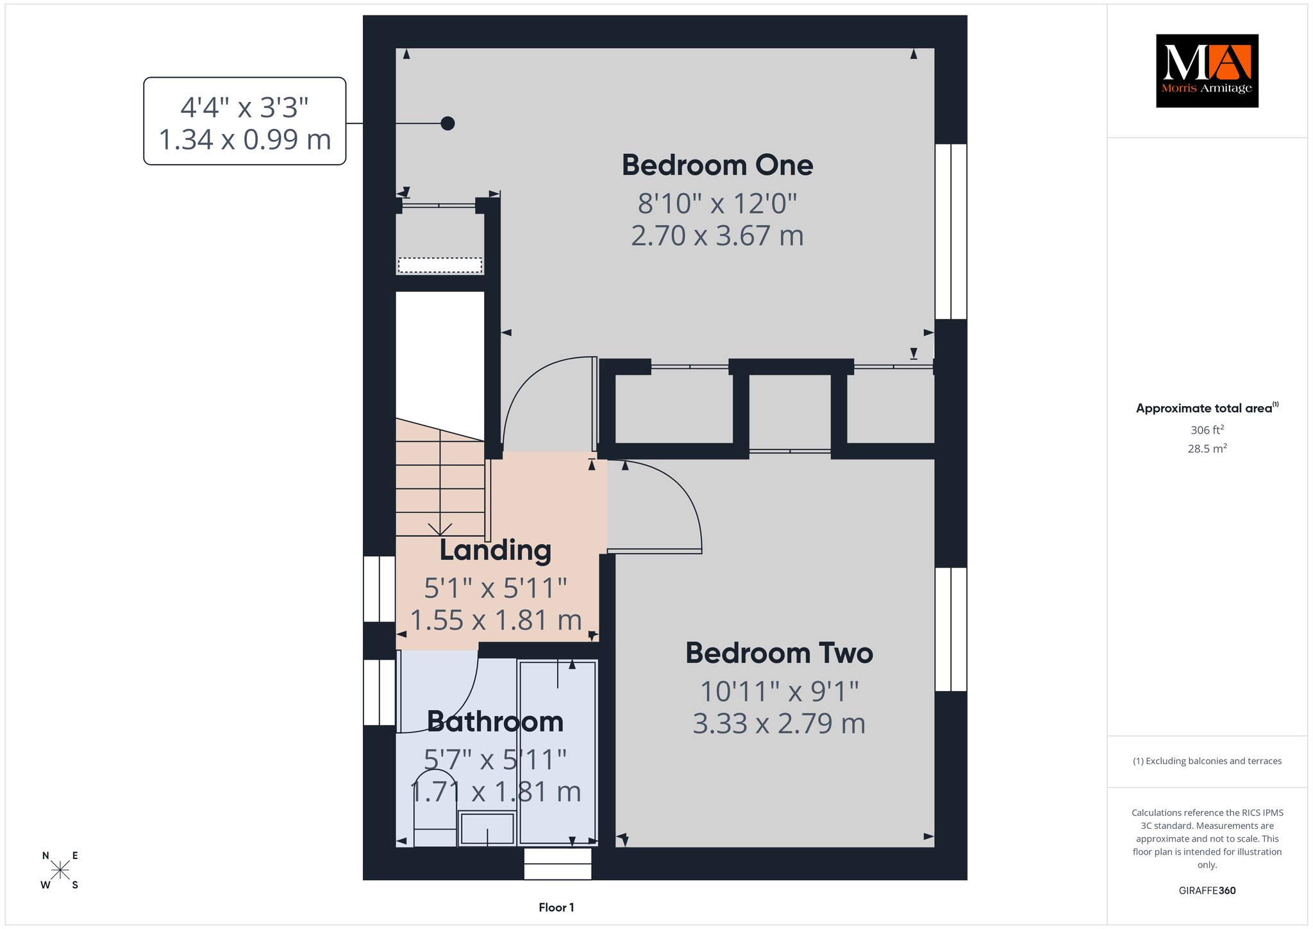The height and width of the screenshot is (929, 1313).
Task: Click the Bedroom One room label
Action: click(717, 165)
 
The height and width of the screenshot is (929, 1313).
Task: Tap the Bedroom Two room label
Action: click(779, 653)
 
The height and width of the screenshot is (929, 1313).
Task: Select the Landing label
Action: click(495, 550)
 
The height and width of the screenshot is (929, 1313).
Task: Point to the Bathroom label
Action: click(495, 722)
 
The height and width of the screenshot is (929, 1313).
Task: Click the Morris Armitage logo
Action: click(1207, 71)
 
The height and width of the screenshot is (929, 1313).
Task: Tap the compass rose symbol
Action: click(60, 870)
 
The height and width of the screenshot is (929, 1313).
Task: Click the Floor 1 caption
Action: click(556, 907)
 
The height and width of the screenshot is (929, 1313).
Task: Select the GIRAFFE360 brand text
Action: click(1207, 891)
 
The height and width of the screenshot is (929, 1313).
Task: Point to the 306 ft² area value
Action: click(1207, 430)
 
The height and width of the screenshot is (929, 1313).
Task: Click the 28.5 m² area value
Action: click(1207, 448)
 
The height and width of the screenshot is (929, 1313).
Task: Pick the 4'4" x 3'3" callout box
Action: click(245, 121)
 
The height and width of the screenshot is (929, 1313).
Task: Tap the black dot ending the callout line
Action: click(447, 123)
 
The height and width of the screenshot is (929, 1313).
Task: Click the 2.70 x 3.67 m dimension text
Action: click(717, 235)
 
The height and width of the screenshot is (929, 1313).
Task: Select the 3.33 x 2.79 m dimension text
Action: click(779, 724)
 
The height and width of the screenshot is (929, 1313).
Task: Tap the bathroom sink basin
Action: click(487, 828)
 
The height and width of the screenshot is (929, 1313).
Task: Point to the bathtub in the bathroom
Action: click(558, 753)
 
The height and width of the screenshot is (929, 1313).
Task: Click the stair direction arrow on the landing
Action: click(440, 529)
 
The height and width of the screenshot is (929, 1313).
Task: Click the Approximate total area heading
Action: click(1207, 407)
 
